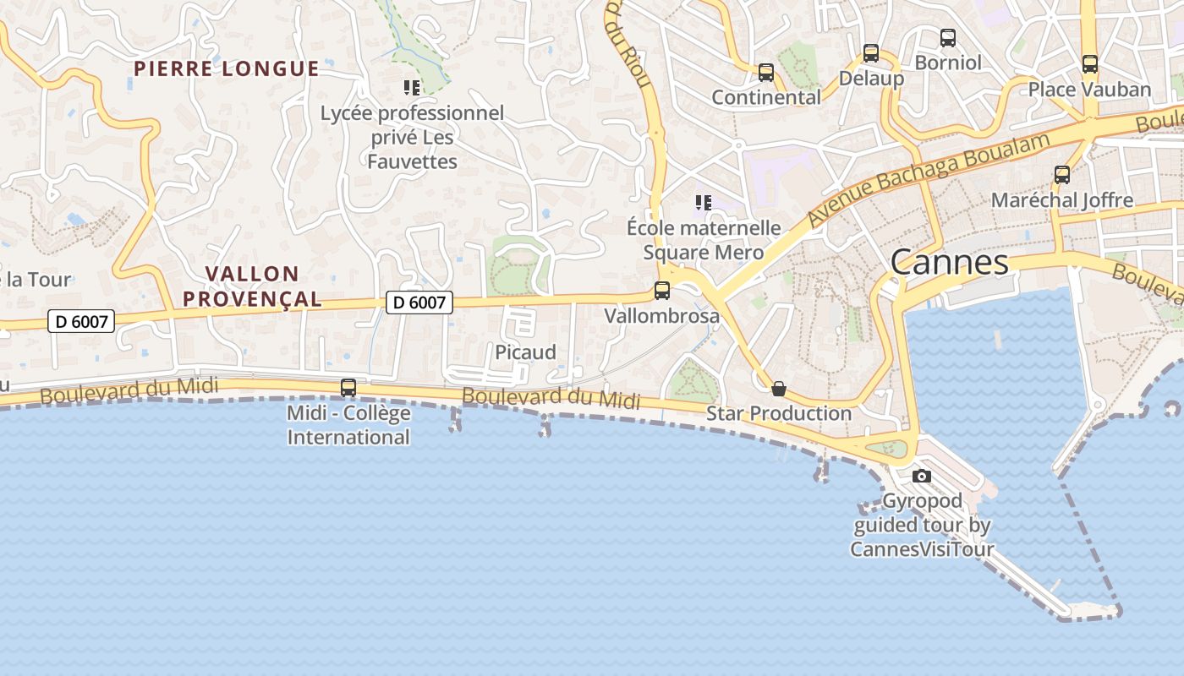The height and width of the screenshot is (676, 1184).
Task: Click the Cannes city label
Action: (949, 262)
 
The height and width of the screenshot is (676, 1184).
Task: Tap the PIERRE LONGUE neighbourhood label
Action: (227, 68)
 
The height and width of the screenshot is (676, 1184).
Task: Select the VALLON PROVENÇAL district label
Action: (252, 286)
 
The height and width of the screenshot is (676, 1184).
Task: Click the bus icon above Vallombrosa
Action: (662, 291)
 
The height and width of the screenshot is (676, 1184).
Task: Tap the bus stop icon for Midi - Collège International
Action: (348, 388)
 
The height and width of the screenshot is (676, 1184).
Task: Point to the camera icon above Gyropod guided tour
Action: (922, 477)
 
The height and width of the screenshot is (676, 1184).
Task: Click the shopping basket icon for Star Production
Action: (779, 389)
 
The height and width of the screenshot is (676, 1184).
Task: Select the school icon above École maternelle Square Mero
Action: (703, 203)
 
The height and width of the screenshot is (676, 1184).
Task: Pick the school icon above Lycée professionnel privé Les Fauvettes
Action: (412, 88)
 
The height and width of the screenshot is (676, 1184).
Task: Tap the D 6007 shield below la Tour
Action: (80, 321)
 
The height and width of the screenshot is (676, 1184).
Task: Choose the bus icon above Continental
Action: (766, 73)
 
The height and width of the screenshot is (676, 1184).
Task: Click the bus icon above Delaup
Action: (871, 53)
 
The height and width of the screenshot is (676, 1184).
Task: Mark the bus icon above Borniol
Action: (948, 38)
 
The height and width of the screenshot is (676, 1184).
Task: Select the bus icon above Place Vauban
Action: (1090, 64)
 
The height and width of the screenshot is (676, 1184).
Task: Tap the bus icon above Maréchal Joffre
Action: (1062, 175)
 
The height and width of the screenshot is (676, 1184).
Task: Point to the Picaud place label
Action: (525, 352)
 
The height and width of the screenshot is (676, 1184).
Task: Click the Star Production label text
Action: (779, 413)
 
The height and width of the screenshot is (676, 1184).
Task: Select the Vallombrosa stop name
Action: (661, 316)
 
